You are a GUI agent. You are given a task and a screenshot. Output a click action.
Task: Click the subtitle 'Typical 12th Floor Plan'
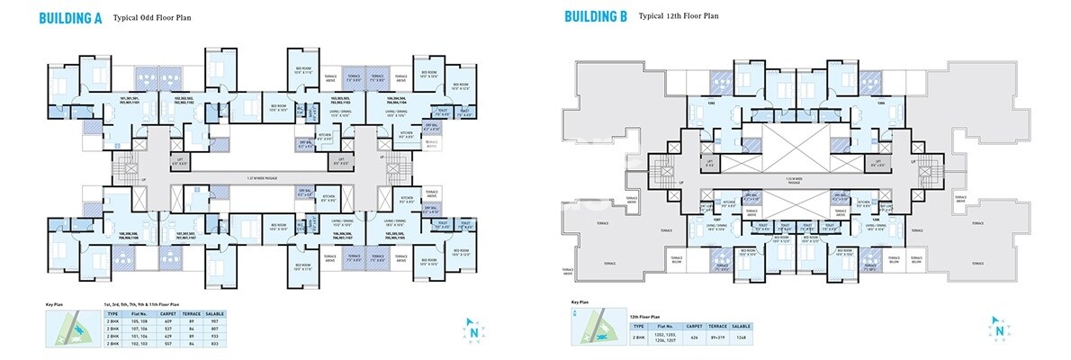tap(679, 16)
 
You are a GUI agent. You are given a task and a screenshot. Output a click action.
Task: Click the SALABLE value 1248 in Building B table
tap(741, 337)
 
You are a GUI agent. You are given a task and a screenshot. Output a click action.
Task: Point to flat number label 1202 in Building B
tap(711, 103)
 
